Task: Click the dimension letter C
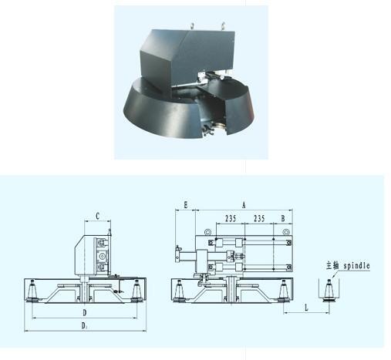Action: click(x=97, y=217)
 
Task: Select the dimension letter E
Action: click(x=186, y=205)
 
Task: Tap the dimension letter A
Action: click(x=244, y=205)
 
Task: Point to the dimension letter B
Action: click(x=283, y=218)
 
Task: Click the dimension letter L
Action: click(x=306, y=308)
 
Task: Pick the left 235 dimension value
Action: click(x=231, y=218)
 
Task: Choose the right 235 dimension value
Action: click(x=259, y=218)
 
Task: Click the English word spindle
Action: click(x=357, y=266)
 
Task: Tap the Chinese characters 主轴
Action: click(x=332, y=265)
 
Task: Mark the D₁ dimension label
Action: click(x=85, y=326)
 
